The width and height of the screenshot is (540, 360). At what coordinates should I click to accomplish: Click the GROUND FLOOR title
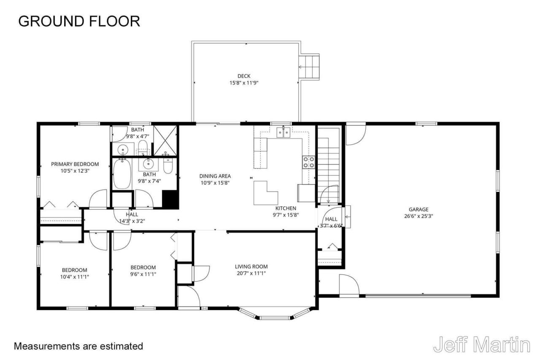click(x=79, y=21)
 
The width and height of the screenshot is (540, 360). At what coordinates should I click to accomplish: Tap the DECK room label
click(x=243, y=76)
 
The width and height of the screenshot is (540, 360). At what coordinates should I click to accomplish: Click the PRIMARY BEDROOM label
click(x=75, y=164)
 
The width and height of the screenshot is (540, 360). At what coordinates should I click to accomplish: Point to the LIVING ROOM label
click(x=251, y=266)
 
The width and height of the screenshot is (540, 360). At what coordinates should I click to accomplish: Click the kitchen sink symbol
click(x=283, y=133)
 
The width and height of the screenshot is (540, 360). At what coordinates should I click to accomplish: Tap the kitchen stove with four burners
click(x=308, y=162)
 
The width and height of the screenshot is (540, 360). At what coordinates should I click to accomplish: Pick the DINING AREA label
click(x=215, y=176)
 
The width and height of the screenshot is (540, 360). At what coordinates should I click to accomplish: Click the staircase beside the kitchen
click(x=328, y=165)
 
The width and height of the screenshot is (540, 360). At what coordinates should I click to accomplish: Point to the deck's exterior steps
click(x=310, y=66)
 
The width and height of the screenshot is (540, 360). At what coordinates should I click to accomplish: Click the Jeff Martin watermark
click(x=481, y=344)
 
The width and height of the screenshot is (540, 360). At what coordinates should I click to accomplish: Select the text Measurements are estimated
click(x=78, y=346)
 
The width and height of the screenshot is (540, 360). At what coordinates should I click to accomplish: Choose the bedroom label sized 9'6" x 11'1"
click(x=143, y=267)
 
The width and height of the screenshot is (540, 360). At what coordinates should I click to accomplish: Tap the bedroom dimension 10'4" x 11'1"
click(x=75, y=277)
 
